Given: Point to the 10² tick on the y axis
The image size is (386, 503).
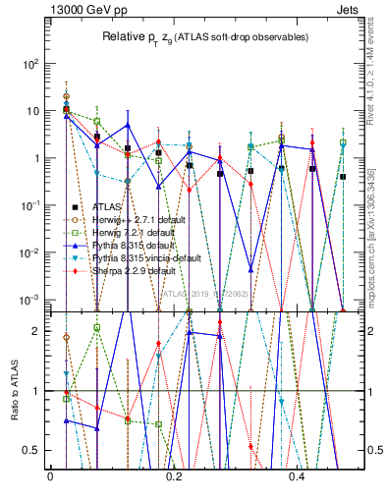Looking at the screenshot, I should coord(28,64).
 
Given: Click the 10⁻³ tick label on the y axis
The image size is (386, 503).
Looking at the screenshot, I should coord(28,300).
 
